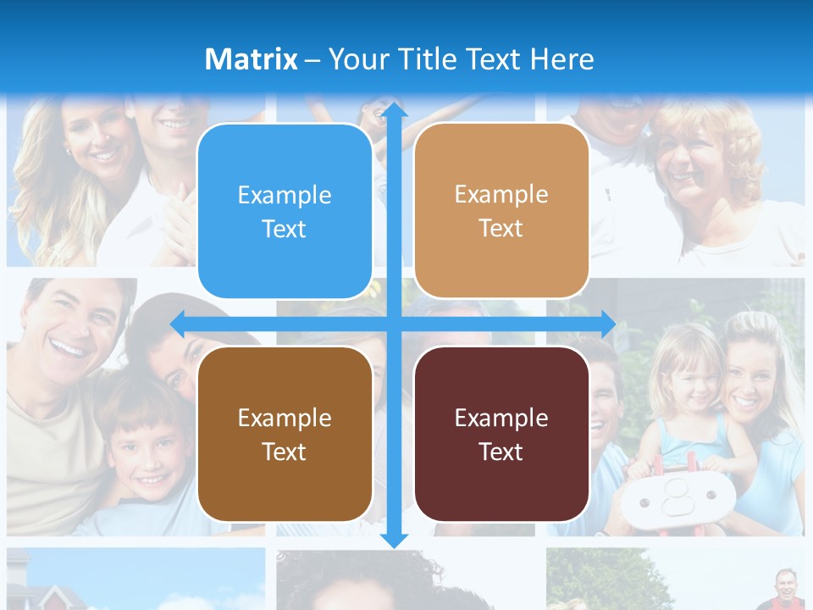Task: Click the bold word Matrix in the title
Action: [252, 59]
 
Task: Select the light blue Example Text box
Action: [285, 211]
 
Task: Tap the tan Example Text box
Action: [501, 211]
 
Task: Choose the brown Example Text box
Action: [285, 434]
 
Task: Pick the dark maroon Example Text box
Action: [501, 434]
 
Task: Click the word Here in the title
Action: [561, 59]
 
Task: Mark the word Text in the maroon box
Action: [501, 452]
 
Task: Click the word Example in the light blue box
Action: [285, 195]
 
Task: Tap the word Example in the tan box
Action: [501, 194]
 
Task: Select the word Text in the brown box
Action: [285, 452]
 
